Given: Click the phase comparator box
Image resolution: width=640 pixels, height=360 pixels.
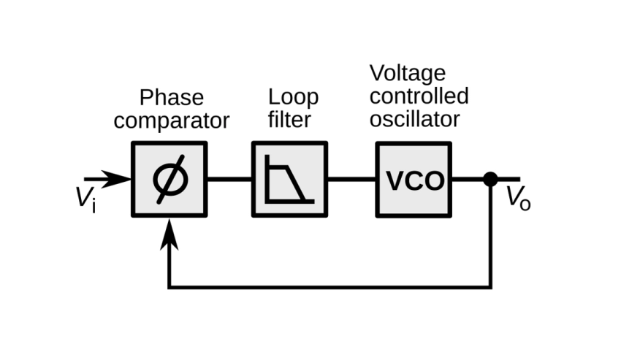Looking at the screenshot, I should (169, 179).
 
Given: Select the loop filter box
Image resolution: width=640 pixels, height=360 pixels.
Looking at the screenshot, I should (289, 179).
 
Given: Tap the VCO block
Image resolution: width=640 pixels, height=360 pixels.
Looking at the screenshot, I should (414, 179).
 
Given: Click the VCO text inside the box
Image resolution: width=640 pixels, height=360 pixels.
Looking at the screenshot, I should (414, 180).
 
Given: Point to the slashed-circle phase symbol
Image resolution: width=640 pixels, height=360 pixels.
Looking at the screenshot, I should (169, 180).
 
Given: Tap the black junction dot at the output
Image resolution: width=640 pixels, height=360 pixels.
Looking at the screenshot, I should (491, 178).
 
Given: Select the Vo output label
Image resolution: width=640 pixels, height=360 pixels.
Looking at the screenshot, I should (519, 199).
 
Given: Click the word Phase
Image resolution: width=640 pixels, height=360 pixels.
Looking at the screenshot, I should (171, 99).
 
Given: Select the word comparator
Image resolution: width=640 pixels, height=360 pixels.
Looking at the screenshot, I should (171, 120).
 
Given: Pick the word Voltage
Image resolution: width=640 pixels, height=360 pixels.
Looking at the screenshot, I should (407, 74).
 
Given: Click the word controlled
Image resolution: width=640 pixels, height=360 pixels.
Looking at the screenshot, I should (419, 96).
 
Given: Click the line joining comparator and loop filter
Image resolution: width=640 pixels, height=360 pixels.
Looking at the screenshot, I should (229, 178).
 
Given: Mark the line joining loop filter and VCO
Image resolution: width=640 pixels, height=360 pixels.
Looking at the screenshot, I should (351, 178).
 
